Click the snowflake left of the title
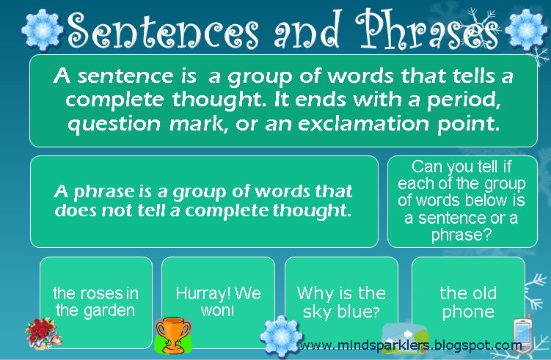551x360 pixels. (x=39, y=27)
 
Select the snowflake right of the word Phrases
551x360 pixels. (x=525, y=27)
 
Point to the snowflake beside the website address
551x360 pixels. (x=280, y=337)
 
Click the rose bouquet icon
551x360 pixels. (x=40, y=331)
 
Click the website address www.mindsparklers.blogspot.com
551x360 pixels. (x=411, y=345)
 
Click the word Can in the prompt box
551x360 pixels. (x=426, y=166)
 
